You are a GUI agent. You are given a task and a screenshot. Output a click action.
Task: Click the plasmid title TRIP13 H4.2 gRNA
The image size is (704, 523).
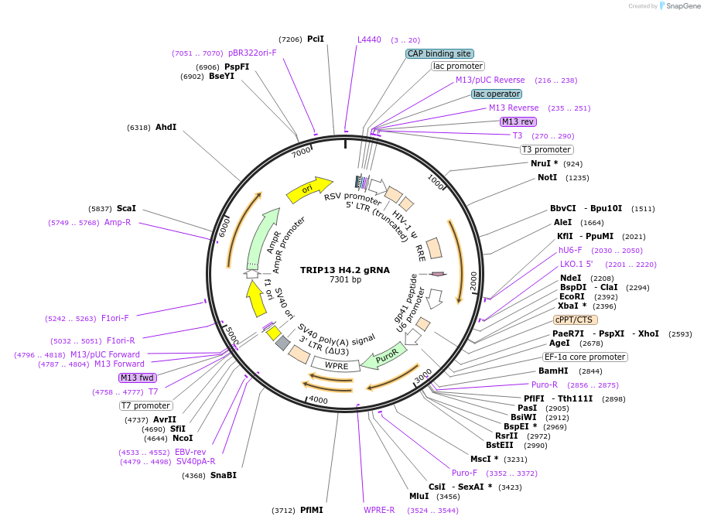[x=345, y=270]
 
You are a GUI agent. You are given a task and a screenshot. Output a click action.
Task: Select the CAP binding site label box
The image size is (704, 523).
[x=439, y=54]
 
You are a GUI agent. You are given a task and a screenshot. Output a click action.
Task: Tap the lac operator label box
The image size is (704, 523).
[x=497, y=94]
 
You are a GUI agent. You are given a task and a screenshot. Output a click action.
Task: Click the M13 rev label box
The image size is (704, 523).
[x=518, y=122]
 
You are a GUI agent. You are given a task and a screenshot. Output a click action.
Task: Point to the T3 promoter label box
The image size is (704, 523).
[x=546, y=149]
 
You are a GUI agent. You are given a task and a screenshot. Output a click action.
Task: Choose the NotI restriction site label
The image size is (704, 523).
[x=548, y=178]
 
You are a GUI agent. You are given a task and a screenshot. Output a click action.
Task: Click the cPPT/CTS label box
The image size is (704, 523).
[x=575, y=320]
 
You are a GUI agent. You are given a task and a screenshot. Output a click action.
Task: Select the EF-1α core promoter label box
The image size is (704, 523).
[x=585, y=357]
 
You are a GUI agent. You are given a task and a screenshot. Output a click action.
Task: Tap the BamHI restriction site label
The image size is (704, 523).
[x=554, y=371]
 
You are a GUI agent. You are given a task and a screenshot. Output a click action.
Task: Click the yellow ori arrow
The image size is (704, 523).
[x=308, y=190]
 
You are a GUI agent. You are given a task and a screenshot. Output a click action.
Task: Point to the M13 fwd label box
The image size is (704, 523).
[x=138, y=378]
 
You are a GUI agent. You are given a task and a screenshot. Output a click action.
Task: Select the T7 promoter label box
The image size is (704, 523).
[x=145, y=405]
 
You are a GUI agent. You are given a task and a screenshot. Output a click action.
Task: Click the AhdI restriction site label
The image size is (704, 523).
[x=166, y=127]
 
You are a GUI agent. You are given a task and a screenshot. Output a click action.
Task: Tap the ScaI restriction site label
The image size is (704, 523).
[x=126, y=208]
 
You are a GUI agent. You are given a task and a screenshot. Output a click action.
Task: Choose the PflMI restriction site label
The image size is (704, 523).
[x=312, y=510]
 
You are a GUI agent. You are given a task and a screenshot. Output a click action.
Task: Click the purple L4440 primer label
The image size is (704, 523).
[x=369, y=39]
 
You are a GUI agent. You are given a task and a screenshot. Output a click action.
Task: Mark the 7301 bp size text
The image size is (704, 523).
[x=345, y=280]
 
